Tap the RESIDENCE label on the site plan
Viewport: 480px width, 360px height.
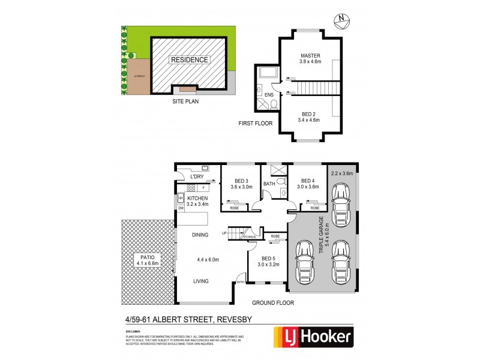tap(190, 59)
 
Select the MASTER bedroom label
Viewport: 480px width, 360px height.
tap(311, 56)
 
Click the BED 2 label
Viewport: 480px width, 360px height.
tap(309, 113)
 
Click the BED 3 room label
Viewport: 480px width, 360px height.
tap(242, 181)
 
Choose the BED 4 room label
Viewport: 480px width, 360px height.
tap(308, 181)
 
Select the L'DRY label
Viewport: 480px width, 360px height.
tap(197, 177)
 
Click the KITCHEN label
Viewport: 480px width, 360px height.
tap(197, 198)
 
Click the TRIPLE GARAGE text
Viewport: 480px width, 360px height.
tap(322, 235)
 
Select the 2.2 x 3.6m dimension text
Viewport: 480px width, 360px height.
tap(341, 173)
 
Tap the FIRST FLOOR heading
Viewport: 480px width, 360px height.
tap(256, 124)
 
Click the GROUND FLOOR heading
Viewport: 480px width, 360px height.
tap(272, 303)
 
